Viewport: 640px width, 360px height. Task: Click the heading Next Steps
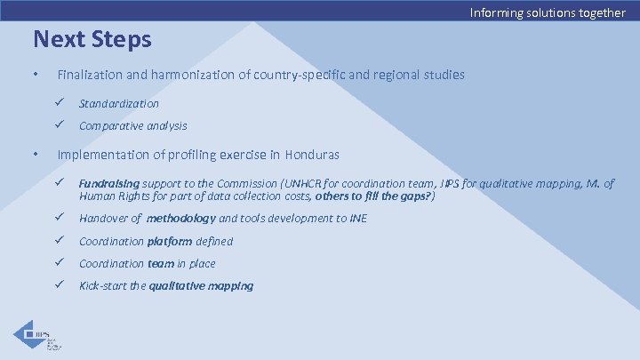click(92, 40)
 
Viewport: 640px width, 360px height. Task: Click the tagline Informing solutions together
click(548, 12)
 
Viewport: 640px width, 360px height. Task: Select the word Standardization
click(119, 104)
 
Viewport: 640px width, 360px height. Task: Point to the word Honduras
click(312, 155)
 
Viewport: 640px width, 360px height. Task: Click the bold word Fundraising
click(108, 184)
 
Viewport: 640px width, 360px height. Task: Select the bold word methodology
click(180, 219)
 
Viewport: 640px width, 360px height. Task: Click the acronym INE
click(358, 219)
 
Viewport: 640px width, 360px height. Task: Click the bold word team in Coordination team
click(160, 263)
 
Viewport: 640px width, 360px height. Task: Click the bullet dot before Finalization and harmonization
click(35, 75)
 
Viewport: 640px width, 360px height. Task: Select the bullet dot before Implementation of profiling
click(35, 155)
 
